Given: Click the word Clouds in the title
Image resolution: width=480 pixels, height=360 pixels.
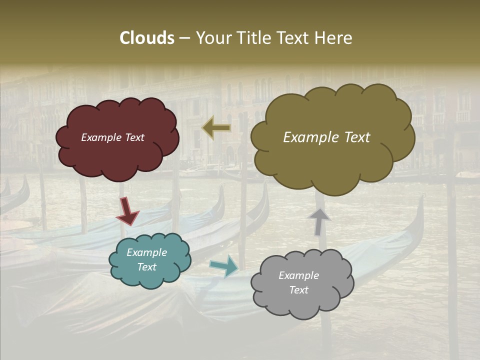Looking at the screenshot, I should tap(146, 38).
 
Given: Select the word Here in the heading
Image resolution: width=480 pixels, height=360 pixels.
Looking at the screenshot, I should tap(334, 38).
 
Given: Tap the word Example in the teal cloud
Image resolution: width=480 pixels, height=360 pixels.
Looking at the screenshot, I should tap(147, 252).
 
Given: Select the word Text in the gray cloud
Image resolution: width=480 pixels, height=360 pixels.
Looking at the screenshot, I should tap(299, 290).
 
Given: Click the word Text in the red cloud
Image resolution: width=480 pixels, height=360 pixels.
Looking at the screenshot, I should tap(134, 137).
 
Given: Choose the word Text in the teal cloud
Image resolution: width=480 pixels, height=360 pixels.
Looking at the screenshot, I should tap(147, 267).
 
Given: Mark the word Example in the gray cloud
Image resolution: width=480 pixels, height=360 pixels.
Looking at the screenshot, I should tap(299, 275).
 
